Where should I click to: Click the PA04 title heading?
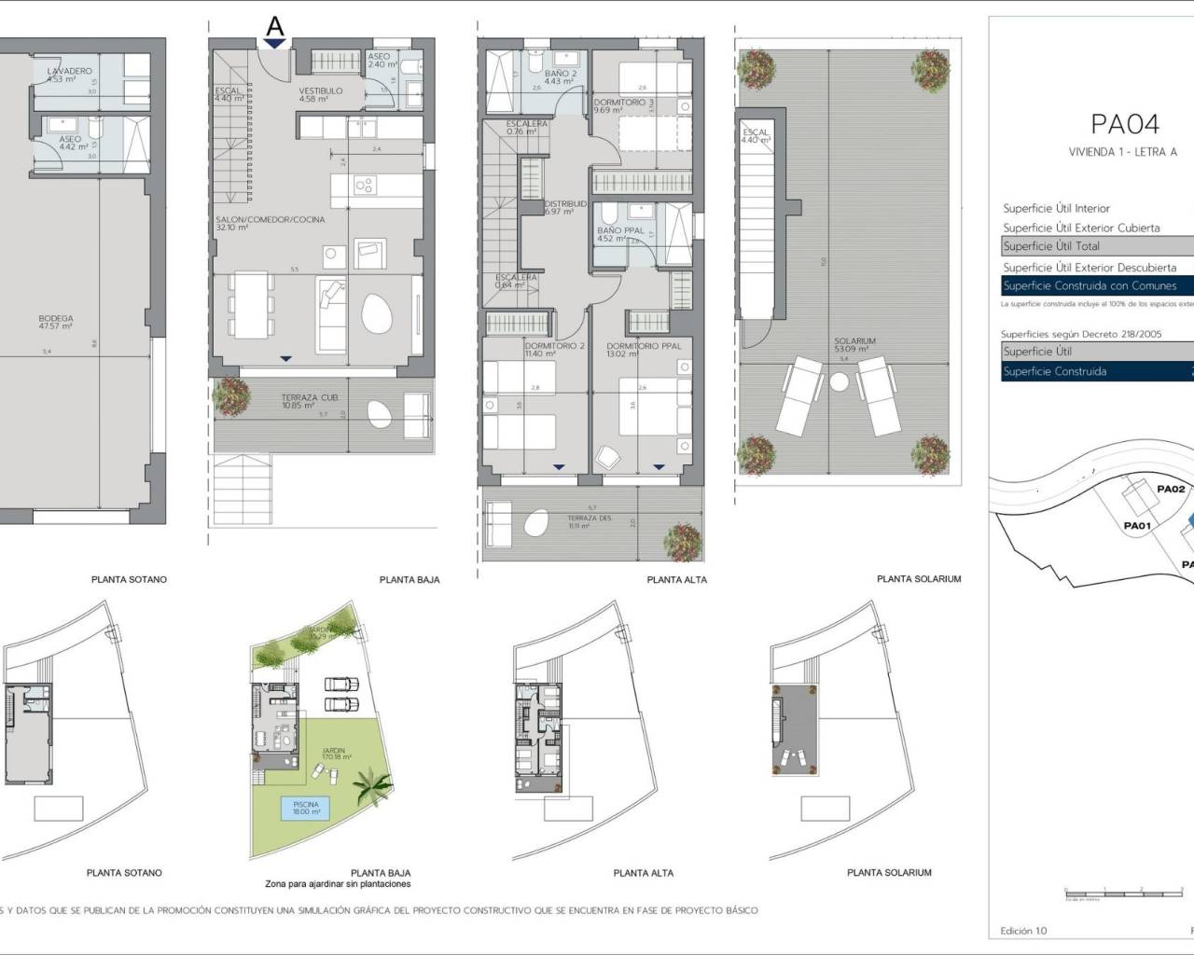pos(1124,124)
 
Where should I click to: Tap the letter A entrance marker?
pos(274,25)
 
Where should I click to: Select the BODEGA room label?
pos(56,319)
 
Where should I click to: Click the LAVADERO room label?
pos(70,71)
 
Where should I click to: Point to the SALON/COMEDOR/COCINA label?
pos(271,219)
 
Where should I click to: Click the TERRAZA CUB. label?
pos(311,397)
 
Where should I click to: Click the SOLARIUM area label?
pos(854,341)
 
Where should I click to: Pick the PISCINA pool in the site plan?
pos(305,808)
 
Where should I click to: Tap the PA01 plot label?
pos(1136,526)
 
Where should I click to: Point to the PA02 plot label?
pos(1170,489)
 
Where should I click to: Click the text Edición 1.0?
pos(1023,931)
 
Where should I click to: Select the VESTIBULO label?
pos(320,91)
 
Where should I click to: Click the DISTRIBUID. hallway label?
pos(565,203)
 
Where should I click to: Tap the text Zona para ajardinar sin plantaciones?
pos(338,884)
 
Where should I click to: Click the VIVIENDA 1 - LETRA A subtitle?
pos(1123,152)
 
